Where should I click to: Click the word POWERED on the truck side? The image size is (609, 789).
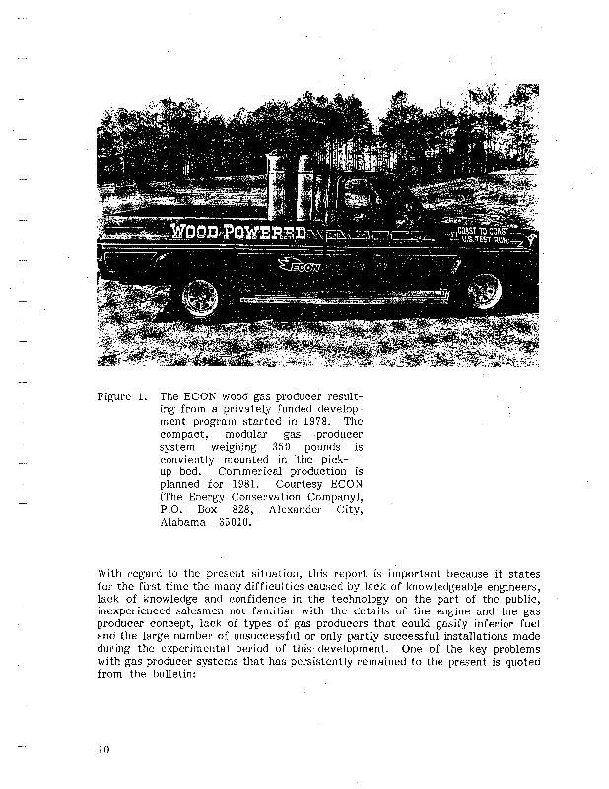(265, 233)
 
